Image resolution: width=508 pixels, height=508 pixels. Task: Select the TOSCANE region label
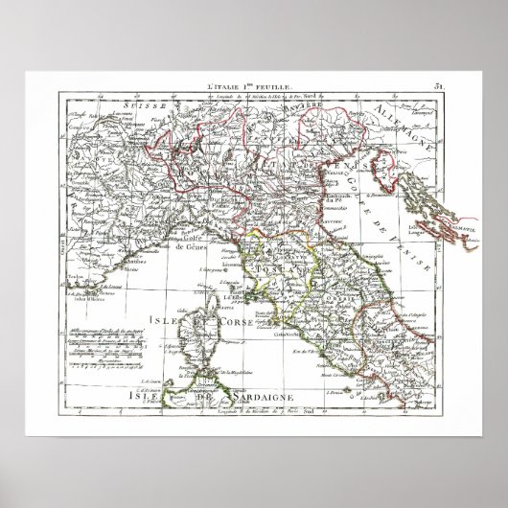(279, 271)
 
